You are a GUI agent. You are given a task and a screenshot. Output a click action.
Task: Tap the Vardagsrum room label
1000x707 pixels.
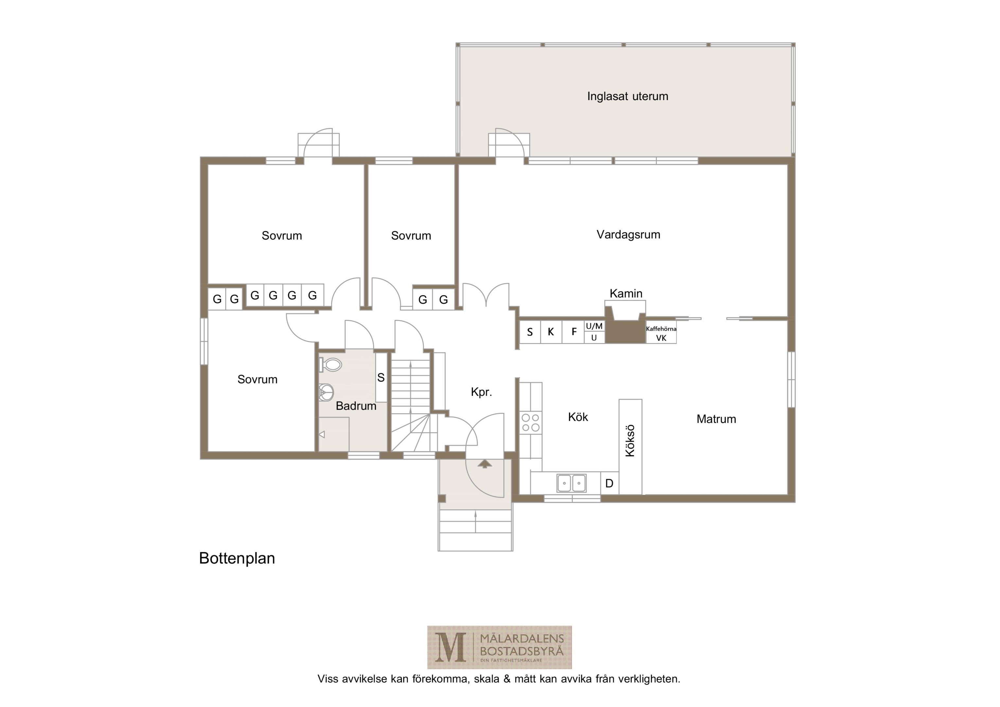628,234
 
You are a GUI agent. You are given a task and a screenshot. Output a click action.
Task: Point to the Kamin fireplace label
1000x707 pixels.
626,293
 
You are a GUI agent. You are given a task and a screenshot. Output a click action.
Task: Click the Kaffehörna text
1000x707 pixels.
661,329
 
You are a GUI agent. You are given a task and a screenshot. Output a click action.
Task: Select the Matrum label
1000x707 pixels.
716,419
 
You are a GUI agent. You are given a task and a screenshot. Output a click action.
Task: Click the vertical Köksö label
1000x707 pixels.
630,441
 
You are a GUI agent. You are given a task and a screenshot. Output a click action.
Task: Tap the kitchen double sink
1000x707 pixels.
571,483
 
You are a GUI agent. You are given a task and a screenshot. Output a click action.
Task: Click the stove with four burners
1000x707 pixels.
531,422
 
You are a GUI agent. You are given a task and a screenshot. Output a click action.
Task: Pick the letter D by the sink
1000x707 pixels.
609,483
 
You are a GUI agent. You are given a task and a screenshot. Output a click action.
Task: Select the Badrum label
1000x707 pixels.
356,406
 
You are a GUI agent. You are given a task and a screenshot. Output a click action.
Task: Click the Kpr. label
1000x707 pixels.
481,392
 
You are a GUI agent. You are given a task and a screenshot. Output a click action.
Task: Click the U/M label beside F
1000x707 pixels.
594,326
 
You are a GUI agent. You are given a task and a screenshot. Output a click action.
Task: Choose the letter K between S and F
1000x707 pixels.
551,332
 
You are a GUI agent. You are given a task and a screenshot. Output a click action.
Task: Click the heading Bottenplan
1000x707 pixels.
237,558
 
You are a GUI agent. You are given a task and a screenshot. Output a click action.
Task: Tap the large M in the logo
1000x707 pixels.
450,647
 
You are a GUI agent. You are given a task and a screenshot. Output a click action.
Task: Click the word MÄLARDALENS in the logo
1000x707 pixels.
522,639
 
